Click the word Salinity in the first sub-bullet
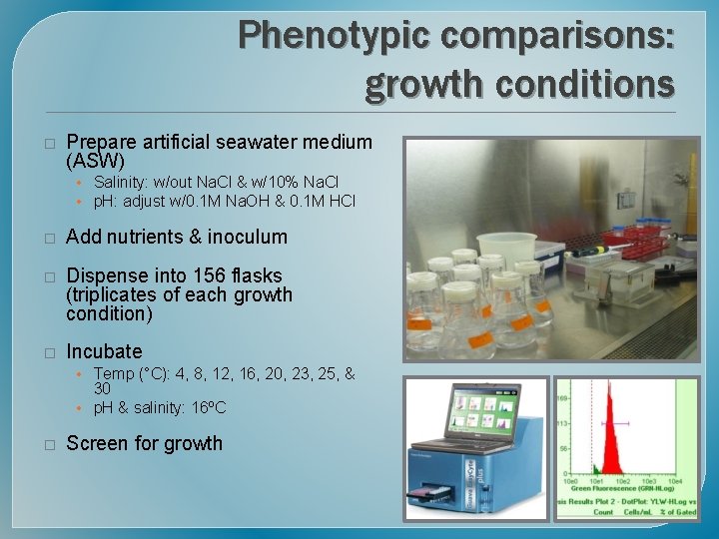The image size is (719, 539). [x=122, y=182]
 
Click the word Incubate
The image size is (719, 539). [x=104, y=351]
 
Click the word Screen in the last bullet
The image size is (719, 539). [x=97, y=443]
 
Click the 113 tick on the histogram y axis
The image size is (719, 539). [x=564, y=422]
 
